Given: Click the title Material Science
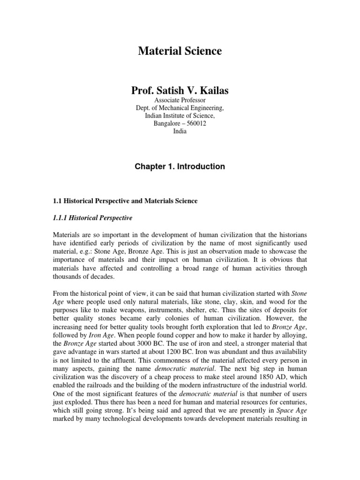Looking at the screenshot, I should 180,52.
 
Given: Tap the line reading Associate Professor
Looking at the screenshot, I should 180,100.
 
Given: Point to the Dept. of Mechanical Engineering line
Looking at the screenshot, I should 180,108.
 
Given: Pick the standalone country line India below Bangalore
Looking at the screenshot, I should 180,132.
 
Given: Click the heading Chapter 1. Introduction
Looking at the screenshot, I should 180,166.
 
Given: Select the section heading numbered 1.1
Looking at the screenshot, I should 125,201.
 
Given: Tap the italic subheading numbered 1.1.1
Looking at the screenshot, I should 92,218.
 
